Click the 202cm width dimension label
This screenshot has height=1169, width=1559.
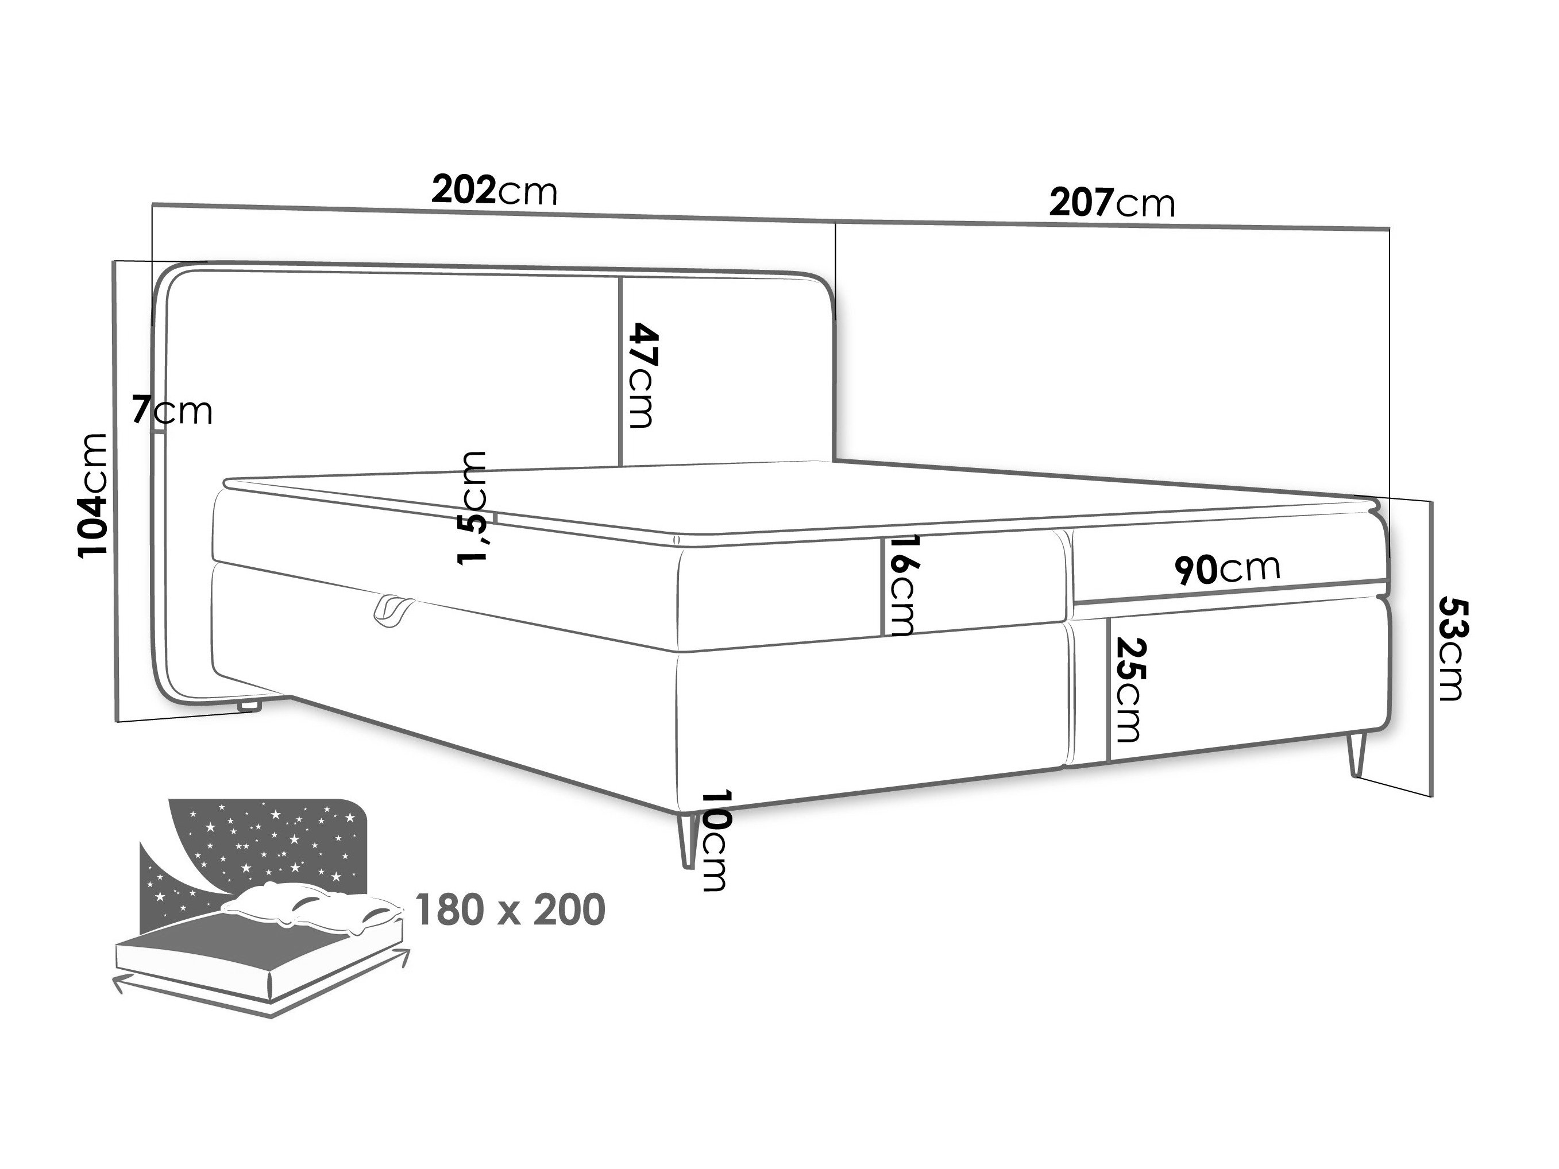pyautogui.click(x=494, y=190)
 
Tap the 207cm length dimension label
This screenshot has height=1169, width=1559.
pyautogui.click(x=1112, y=203)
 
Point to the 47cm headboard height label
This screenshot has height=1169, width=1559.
pyautogui.click(x=642, y=375)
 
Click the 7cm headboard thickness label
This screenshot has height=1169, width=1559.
pyautogui.click(x=172, y=410)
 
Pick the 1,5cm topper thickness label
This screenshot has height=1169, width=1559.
pyautogui.click(x=472, y=508)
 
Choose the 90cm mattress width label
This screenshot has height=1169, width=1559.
pyautogui.click(x=1227, y=568)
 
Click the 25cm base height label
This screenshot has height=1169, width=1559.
pyautogui.click(x=1131, y=690)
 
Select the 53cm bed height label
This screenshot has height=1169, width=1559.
pyautogui.click(x=1451, y=648)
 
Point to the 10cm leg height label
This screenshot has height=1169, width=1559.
pyautogui.click(x=714, y=840)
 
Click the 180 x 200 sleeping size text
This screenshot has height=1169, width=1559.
pyautogui.click(x=510, y=909)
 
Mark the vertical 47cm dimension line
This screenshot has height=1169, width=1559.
pyautogui.click(x=619, y=371)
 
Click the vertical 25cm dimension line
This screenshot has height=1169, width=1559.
pyautogui.click(x=1109, y=691)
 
